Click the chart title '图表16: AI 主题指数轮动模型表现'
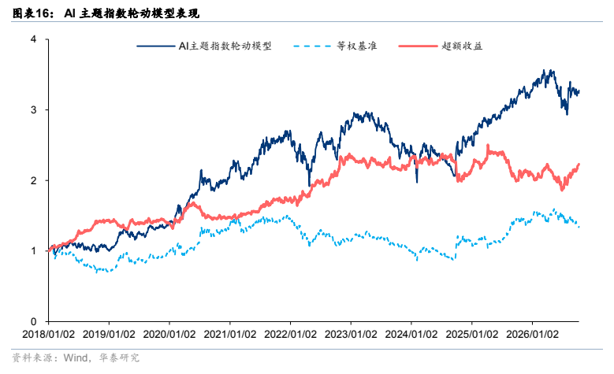(106, 13)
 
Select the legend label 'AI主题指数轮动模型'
(225, 46)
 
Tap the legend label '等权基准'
(357, 46)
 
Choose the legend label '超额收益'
(462, 46)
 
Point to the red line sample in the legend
(418, 46)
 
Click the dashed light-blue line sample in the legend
(312, 46)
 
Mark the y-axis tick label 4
(34, 39)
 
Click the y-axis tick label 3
(34, 110)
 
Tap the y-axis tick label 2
(34, 180)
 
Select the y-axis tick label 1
(34, 250)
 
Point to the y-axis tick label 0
(34, 321)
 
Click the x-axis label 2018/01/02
(49, 335)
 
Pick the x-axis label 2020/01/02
(169, 335)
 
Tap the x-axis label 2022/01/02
(291, 335)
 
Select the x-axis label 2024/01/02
(411, 335)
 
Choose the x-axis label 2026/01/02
(532, 335)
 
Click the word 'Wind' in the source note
(76, 357)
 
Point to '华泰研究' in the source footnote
(119, 357)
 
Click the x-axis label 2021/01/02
(230, 335)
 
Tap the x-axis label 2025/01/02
(472, 335)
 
